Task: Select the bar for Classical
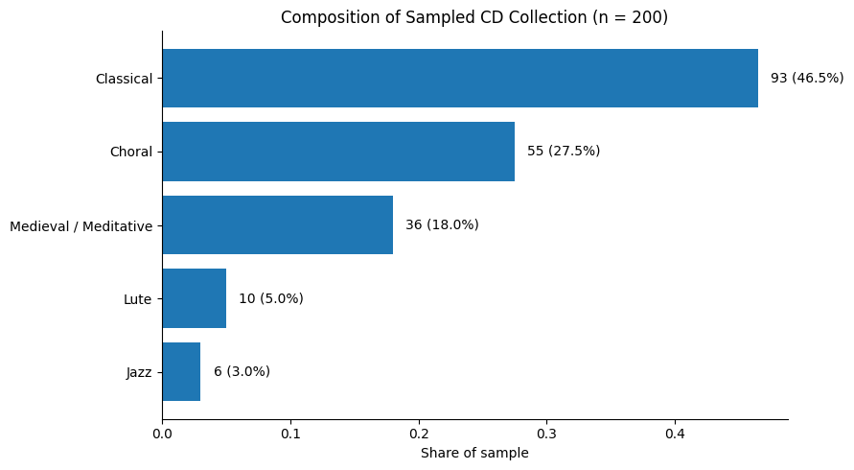[460, 78]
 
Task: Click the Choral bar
[338, 152]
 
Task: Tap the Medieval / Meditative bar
[277, 224]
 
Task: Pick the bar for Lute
[194, 298]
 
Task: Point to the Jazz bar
[181, 371]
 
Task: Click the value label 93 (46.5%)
[807, 78]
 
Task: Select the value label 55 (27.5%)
[564, 152]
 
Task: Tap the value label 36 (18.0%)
[442, 224]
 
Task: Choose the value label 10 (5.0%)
[271, 298]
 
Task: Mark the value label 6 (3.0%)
[242, 371]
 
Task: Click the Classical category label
[124, 79]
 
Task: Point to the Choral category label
[131, 152]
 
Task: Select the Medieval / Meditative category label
[81, 226]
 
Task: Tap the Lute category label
[138, 299]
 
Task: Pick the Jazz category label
[139, 372]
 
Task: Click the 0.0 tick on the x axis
[162, 434]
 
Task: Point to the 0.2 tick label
[419, 434]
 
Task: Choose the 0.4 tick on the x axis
[675, 434]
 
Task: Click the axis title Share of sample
[474, 453]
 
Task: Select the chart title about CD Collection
[474, 17]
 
